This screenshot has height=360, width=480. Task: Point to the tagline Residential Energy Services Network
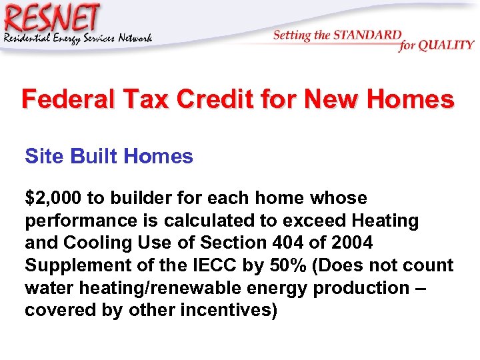pos(78,38)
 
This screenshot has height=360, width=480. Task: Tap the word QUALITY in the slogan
pos(446,46)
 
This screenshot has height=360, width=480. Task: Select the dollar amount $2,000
pos(53,199)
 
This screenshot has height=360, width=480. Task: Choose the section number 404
pos(282,243)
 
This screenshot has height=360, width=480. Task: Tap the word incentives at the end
pos(229,311)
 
